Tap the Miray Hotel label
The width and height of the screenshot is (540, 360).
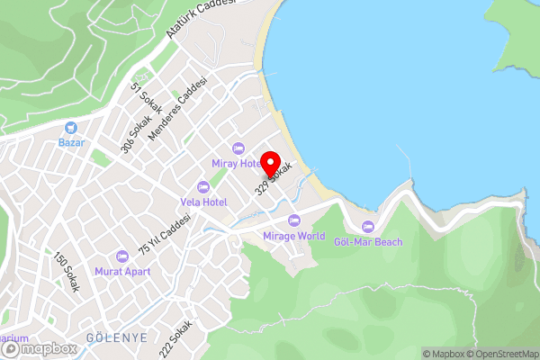237,163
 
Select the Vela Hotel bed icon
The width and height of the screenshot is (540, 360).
202,187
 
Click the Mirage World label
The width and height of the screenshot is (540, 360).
293,236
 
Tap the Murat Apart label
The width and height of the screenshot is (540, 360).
122,271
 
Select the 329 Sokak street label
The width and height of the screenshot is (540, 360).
274,178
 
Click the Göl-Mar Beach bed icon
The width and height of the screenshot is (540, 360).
367,226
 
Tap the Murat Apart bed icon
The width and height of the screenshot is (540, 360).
122,256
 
